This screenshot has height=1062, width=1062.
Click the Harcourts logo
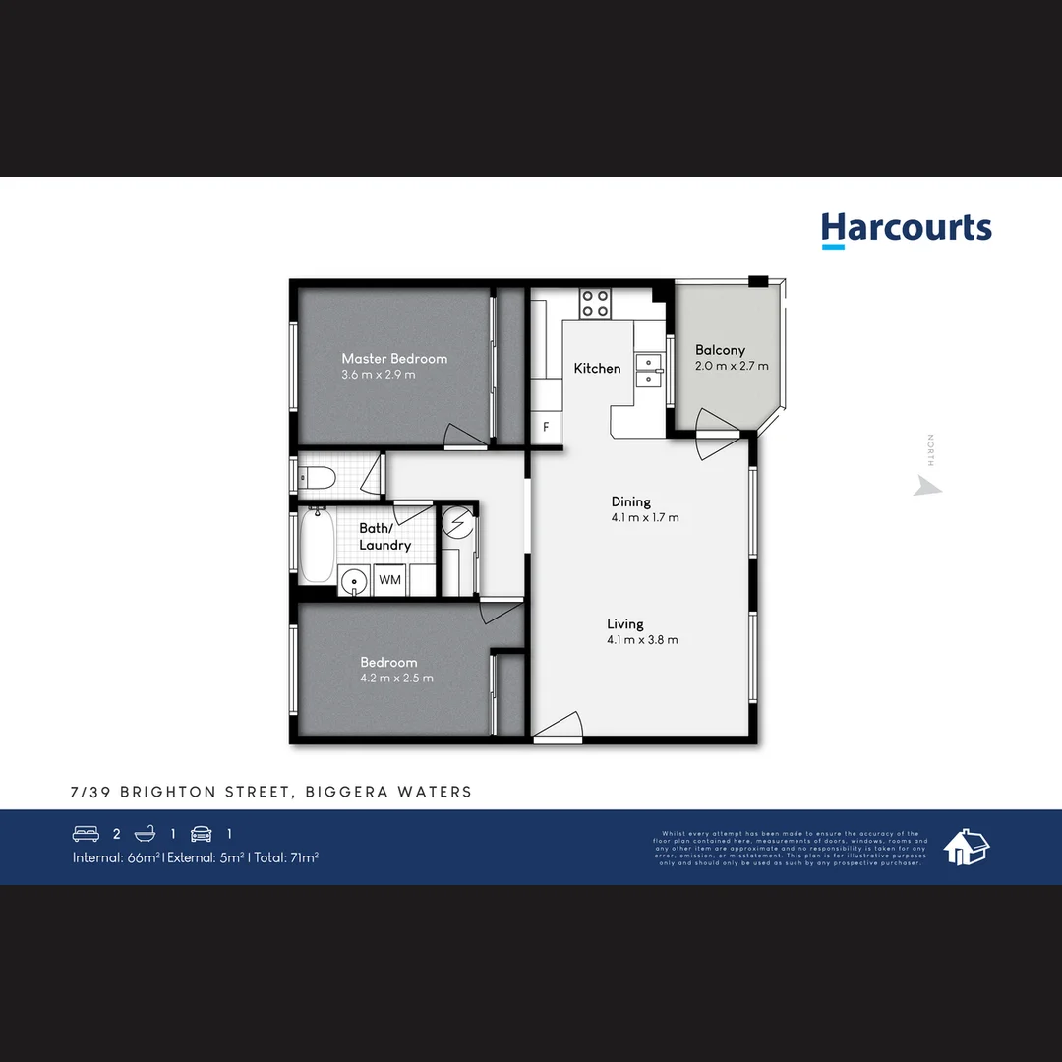coord(906,229)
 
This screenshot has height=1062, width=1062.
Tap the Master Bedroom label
coord(394,359)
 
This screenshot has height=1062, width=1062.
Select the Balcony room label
coord(720,350)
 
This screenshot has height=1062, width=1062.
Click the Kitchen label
coord(597,369)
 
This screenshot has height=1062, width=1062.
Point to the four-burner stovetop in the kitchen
coord(595,303)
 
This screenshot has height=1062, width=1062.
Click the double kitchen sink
coord(649,370)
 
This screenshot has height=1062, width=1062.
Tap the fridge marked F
coord(547,427)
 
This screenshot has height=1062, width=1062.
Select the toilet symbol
coord(317,478)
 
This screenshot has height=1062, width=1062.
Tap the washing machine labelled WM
coord(390,580)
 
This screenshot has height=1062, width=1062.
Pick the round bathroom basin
coord(352,581)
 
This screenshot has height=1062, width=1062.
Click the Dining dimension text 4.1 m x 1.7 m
coord(644,518)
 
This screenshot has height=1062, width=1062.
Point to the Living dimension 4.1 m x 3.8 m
coord(642,640)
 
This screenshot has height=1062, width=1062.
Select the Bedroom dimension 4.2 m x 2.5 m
coord(396,678)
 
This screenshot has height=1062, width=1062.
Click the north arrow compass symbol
coord(926,485)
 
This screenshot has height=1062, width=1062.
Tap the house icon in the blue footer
coord(966,847)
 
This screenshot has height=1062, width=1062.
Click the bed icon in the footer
coord(87,834)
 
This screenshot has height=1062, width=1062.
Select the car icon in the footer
coord(201,834)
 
